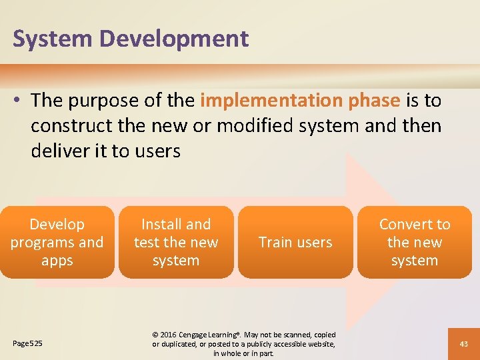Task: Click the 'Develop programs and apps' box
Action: pos(57,242)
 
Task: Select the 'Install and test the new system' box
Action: pos(176,242)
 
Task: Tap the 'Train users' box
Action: pos(295,242)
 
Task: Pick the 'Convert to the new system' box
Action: pos(414,242)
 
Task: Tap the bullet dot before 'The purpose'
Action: pos(18,101)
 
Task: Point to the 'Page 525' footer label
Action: pos(27,343)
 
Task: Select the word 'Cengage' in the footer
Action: pos(200,334)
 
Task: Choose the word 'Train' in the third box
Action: pos(275,243)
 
